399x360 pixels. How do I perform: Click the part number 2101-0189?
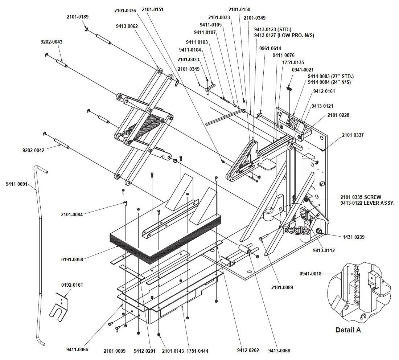[x=77, y=17]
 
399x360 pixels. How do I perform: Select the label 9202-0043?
[x=51, y=42]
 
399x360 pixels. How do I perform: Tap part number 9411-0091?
[x=16, y=184]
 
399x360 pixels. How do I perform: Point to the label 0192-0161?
[x=72, y=285]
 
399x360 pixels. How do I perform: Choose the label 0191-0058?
[x=72, y=259]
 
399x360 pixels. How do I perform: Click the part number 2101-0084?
[x=72, y=214]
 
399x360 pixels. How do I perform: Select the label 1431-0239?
[x=354, y=237]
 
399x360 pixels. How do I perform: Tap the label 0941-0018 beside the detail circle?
[x=310, y=274]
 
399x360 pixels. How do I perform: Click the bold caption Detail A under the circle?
[x=348, y=330]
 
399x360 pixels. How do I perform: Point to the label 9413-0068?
[x=279, y=351]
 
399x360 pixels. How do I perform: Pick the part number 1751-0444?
[x=197, y=351]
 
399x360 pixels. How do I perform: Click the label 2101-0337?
[x=353, y=135]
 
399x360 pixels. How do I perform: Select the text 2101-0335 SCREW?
[x=361, y=197]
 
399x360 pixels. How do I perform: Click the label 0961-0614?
[x=270, y=48]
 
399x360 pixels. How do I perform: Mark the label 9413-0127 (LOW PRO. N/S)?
[x=284, y=35]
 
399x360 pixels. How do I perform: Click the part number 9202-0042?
[x=33, y=150]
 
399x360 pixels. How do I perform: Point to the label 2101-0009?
[x=115, y=351]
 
